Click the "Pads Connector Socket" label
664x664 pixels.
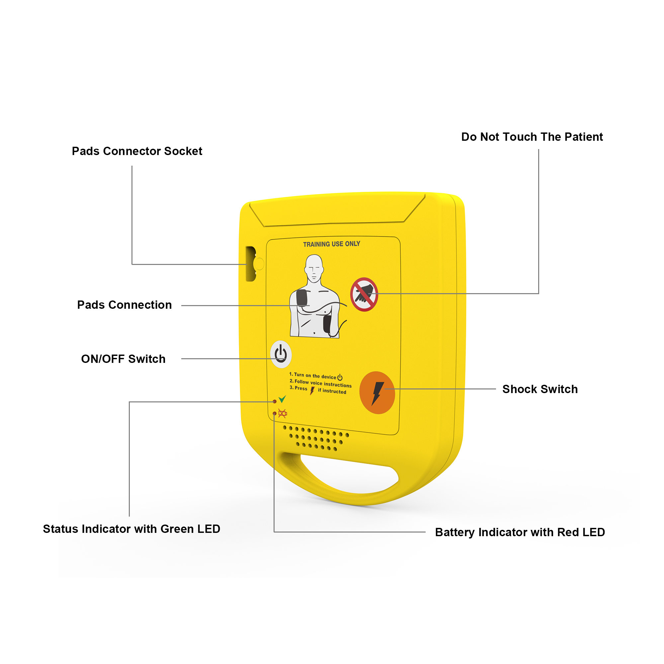tap(137, 151)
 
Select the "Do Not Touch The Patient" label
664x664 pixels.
tap(532, 137)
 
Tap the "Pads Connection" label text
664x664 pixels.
tap(124, 305)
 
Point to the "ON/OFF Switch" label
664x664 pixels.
tap(124, 359)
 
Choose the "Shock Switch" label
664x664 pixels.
tap(540, 389)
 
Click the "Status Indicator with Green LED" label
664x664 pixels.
tap(131, 529)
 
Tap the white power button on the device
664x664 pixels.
tap(281, 354)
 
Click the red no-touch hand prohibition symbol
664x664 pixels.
tap(364, 294)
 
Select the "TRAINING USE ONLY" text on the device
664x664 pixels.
tap(332, 244)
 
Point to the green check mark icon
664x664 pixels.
tap(282, 399)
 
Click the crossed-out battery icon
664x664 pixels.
tap(283, 413)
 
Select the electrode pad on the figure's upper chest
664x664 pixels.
tap(302, 297)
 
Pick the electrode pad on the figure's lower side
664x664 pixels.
tap(327, 324)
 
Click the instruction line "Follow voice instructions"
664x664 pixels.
tap(323, 383)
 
